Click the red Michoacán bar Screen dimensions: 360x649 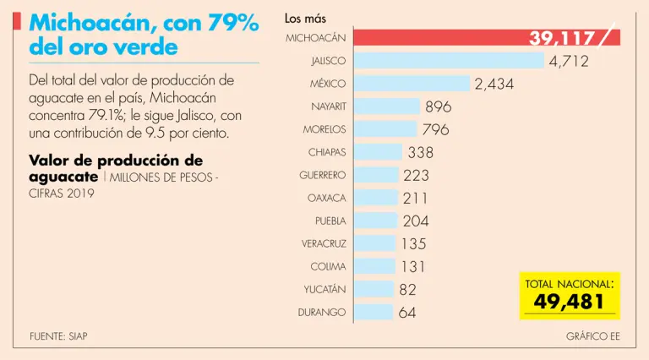tap(439, 38)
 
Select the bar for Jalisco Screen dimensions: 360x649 tap(449, 61)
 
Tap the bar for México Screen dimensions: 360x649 tap(412, 84)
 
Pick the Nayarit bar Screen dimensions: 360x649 tap(386, 106)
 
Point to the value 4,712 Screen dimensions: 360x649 tap(569, 61)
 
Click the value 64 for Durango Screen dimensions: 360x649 tap(407, 312)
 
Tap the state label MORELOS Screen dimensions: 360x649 tap(324, 129)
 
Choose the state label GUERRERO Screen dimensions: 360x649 tap(323, 175)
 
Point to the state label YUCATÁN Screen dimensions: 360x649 tap(325, 289)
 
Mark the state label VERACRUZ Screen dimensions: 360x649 tap(324, 243)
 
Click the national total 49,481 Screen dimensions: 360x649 tap(568, 303)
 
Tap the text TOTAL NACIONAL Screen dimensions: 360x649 tap(569, 284)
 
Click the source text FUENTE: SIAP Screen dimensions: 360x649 tap(58, 335)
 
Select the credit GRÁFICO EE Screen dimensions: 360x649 tap(593, 335)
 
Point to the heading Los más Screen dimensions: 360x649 tap(305, 18)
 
